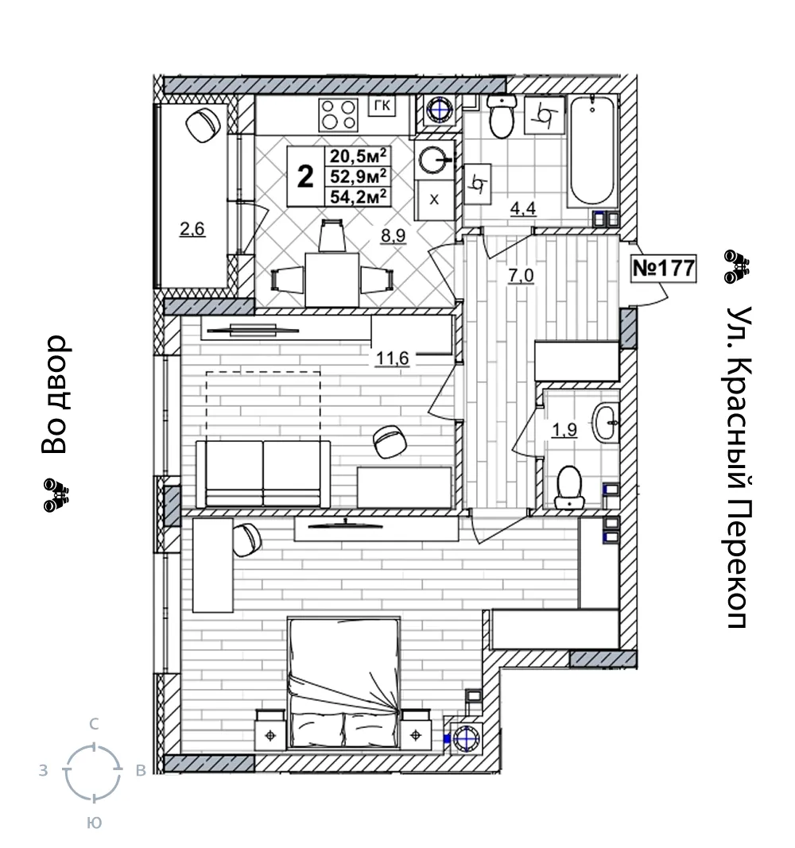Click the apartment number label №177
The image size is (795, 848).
pos(664,268)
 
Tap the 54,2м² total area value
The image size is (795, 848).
pos(359,196)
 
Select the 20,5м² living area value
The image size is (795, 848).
pos(359,156)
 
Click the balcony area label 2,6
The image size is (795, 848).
pos(192,229)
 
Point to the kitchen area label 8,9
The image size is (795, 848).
pos(394,235)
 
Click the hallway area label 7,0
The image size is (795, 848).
pos(520,275)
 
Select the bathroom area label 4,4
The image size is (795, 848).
pos(523,208)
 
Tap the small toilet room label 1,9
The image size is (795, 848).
pos(564,430)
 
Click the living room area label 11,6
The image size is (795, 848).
pos(393,358)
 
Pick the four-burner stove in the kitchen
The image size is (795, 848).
pos(339,114)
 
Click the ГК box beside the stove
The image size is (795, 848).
pos(382,106)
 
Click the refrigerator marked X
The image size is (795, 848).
pos(434,200)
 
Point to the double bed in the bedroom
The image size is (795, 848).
pos(344,683)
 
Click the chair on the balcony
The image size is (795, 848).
pos(203,125)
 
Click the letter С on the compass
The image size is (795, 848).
pos(94,723)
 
